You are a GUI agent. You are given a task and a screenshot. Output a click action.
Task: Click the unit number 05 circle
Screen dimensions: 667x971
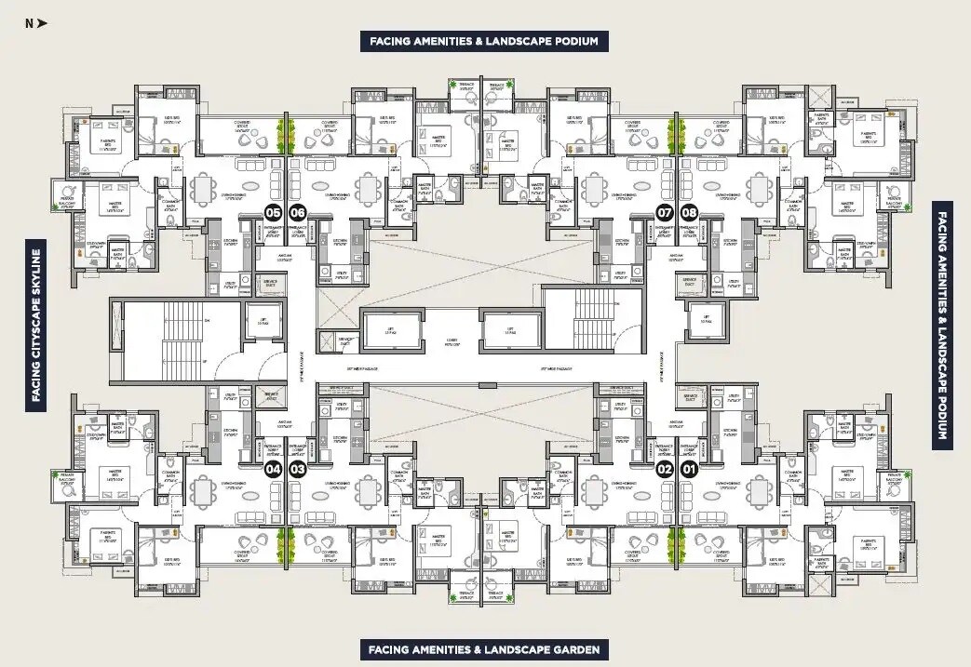[274, 212]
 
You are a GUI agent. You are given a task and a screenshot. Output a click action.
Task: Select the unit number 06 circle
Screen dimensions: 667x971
[298, 212]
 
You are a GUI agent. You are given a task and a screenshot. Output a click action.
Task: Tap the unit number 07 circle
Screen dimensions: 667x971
[665, 212]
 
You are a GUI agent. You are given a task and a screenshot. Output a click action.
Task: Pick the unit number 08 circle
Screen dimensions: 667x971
[690, 212]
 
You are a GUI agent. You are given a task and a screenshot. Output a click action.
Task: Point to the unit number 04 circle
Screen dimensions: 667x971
[274, 469]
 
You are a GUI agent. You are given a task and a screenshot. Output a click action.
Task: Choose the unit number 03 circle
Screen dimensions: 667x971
[298, 469]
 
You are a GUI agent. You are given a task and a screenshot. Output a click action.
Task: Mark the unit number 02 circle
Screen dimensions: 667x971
[665, 469]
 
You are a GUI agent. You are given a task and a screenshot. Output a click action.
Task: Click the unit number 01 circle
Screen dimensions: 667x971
[690, 469]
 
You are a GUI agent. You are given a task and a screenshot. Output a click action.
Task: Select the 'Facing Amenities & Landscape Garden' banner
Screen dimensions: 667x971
[484, 649]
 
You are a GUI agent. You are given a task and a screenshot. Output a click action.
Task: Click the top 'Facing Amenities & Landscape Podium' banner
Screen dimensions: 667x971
[484, 41]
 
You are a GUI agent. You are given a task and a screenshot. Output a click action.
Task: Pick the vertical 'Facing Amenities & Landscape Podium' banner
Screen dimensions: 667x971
[942, 325]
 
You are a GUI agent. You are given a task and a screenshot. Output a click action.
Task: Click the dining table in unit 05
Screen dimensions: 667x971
[203, 190]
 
